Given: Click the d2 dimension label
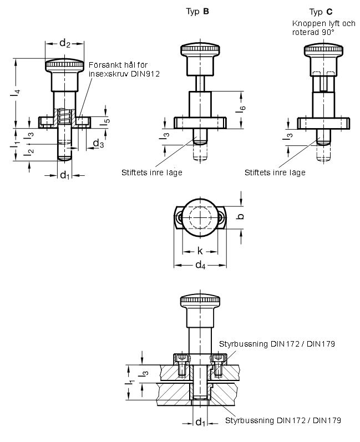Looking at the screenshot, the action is [x=64, y=43].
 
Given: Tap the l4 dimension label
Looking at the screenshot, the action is [x=16, y=93].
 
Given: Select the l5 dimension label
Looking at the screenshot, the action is [x=106, y=121].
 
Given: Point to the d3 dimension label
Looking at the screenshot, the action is [x=98, y=144].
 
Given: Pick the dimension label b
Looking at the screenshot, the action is [x=241, y=216].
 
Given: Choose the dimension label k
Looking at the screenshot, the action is [x=200, y=251].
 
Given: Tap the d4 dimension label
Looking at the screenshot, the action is [x=200, y=265].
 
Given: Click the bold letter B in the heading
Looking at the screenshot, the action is [x=206, y=12].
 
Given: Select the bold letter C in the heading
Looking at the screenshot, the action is [x=329, y=12].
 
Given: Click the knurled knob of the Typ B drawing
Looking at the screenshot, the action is [x=200, y=49].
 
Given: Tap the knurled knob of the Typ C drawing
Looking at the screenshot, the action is [x=323, y=49].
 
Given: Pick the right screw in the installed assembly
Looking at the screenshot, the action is [x=217, y=365].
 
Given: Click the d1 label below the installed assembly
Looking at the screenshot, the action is [x=200, y=422].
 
